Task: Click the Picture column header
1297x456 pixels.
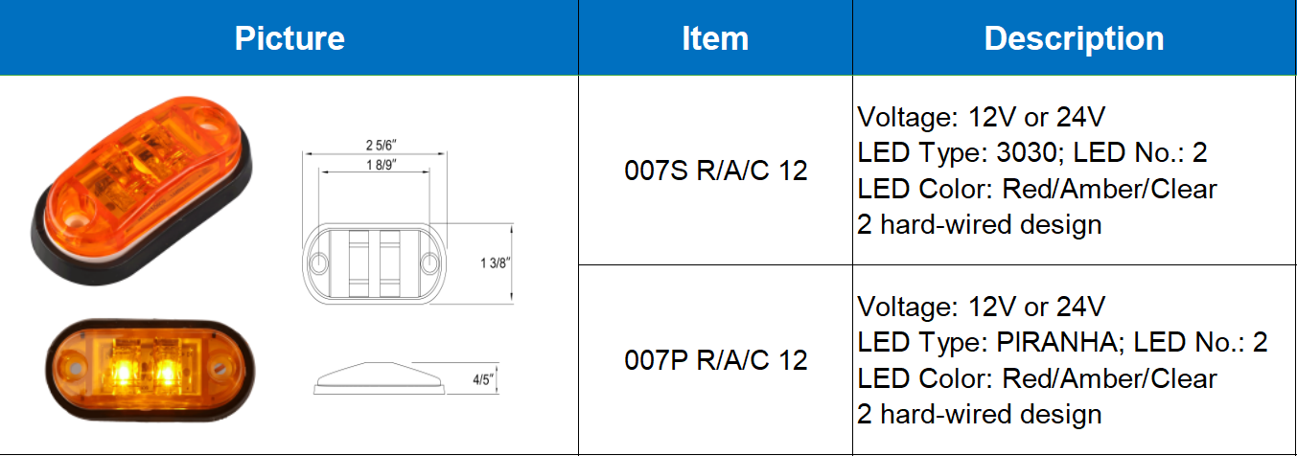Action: (290, 38)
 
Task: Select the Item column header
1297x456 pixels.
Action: (715, 38)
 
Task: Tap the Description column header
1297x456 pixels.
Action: (1074, 38)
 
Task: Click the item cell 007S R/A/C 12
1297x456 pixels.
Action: (716, 171)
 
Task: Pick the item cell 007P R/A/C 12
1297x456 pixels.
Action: (716, 360)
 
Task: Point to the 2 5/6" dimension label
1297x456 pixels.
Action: (381, 145)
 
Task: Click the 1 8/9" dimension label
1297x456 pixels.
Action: (381, 165)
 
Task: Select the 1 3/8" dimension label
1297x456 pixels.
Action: (494, 263)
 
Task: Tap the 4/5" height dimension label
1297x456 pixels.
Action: (482, 379)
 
